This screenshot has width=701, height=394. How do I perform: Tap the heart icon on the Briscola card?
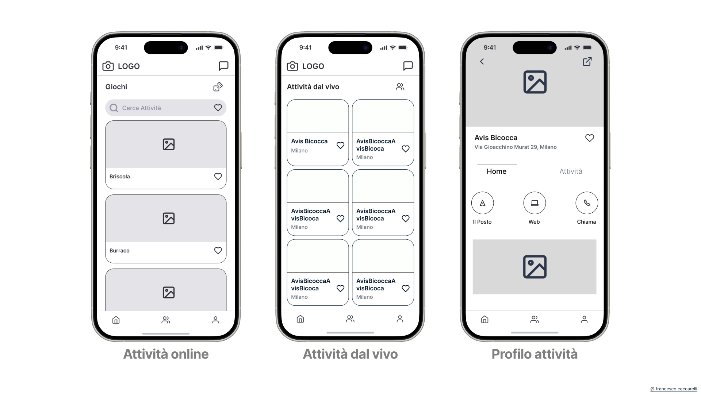218,177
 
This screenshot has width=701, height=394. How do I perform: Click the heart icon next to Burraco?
218,251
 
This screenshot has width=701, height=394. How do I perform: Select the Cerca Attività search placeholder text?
141,108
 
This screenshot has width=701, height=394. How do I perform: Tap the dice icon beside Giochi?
218,87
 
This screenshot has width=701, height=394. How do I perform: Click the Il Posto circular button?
482,203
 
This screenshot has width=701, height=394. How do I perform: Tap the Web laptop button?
535,203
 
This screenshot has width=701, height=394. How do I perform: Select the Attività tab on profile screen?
571,171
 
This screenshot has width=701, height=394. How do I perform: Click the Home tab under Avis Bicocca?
497,171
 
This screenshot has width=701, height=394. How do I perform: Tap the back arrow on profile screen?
482,62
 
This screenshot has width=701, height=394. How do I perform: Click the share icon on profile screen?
587,62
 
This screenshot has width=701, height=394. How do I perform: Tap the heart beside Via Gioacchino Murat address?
589,138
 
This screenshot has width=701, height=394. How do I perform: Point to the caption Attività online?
166,354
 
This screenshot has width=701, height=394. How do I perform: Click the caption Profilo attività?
535,354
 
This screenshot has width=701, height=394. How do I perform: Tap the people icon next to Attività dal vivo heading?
400,87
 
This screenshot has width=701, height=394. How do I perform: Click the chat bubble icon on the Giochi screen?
223,66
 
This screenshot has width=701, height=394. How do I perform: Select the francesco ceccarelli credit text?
674,389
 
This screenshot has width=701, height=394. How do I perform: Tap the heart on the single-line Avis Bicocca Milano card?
340,146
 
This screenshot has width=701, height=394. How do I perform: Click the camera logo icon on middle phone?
292,66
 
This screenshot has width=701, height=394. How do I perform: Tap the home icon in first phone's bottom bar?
116,320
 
